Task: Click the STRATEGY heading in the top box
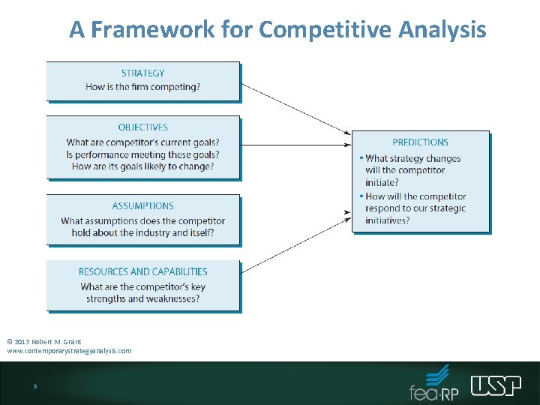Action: click(x=142, y=73)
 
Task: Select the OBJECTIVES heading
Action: click(x=142, y=127)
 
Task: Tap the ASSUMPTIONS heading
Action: click(x=142, y=205)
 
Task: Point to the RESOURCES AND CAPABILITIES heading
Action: click(x=142, y=271)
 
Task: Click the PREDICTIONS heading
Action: click(x=420, y=142)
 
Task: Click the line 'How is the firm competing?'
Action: click(x=142, y=87)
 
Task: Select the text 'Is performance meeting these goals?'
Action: click(x=142, y=154)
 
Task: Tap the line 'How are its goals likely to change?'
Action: click(x=142, y=166)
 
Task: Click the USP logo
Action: click(x=496, y=385)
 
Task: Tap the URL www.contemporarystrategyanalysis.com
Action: click(x=69, y=351)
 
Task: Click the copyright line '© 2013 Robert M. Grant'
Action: click(x=44, y=342)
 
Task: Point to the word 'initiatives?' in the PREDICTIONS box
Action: click(x=388, y=220)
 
